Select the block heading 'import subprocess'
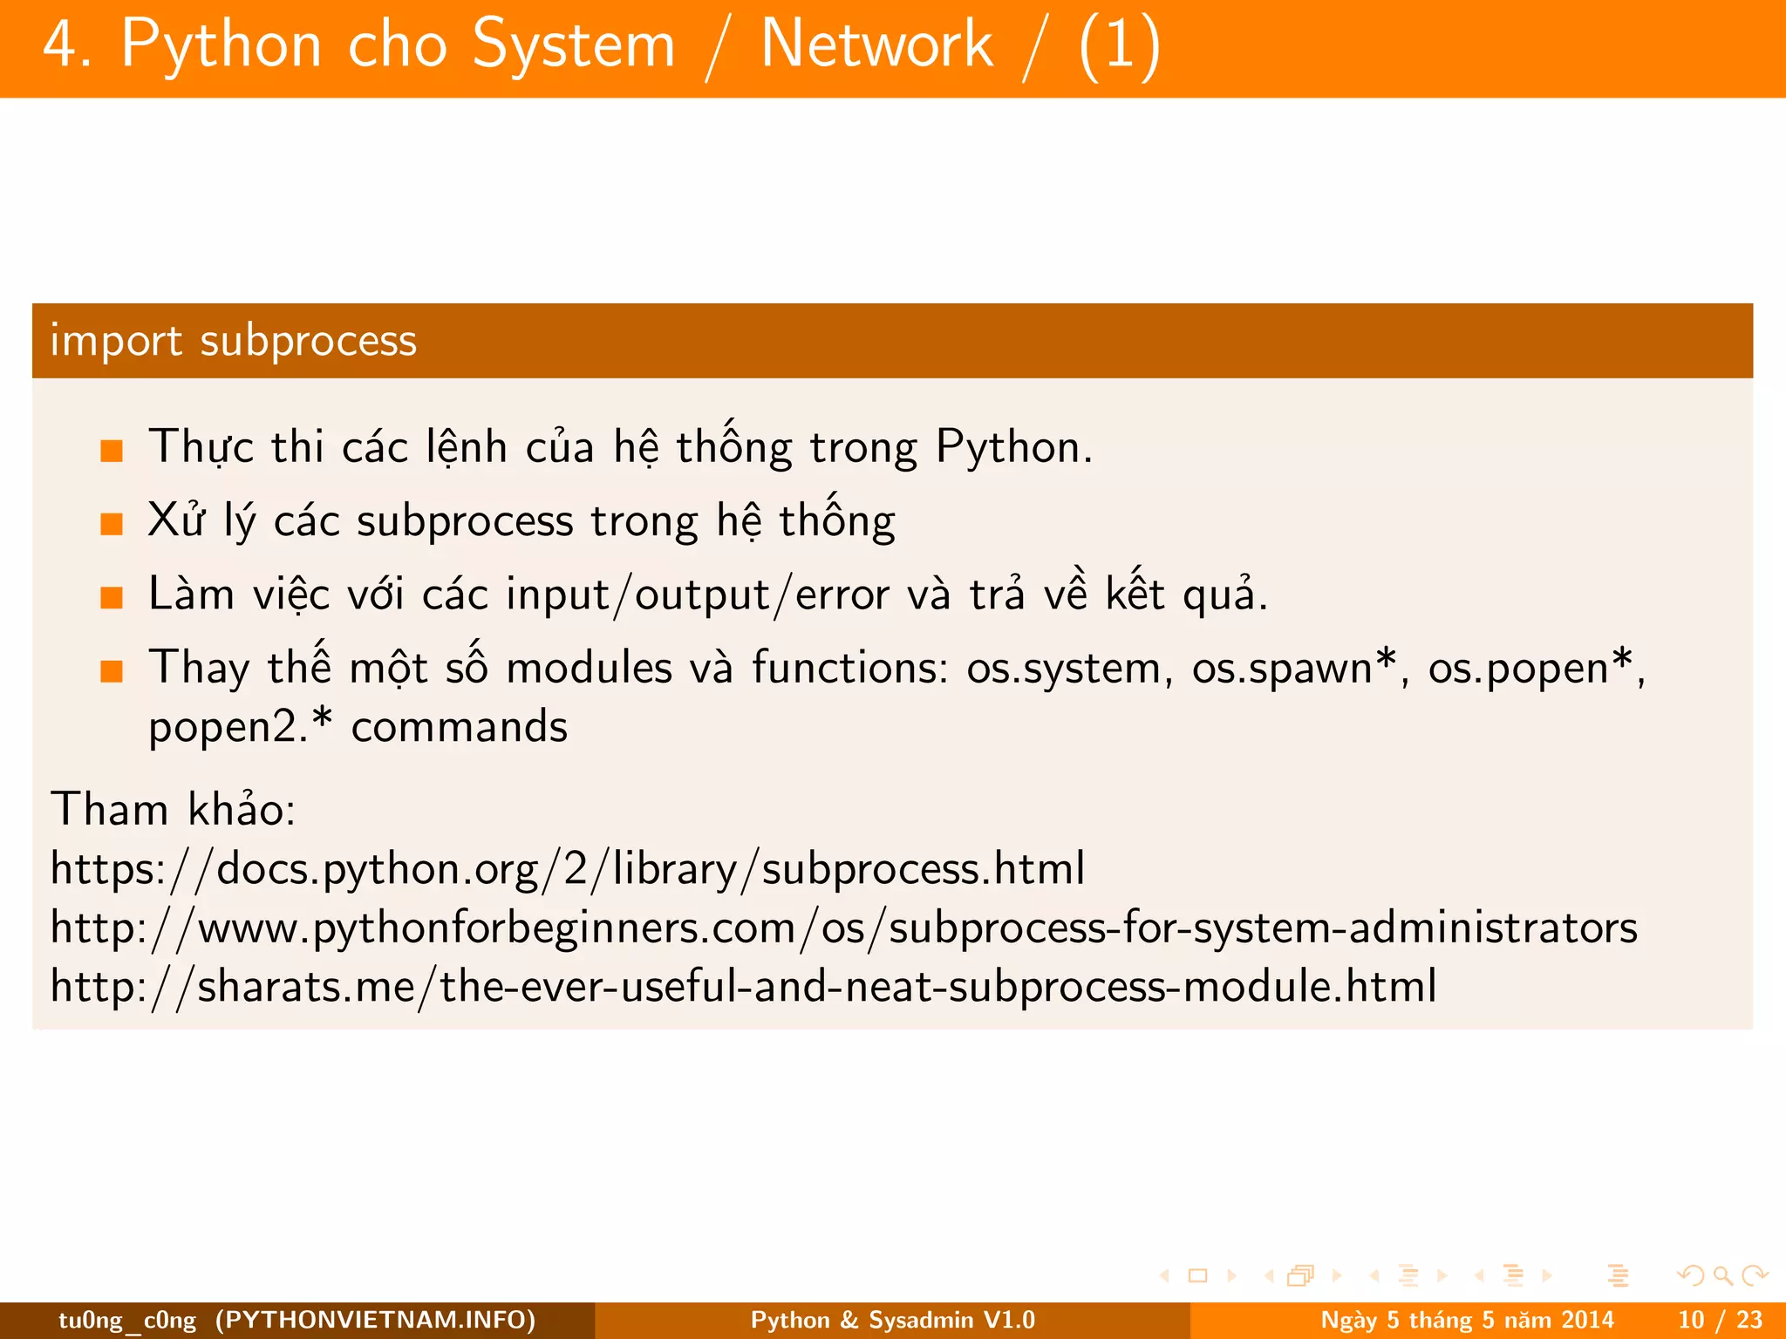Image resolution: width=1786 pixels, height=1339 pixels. (234, 340)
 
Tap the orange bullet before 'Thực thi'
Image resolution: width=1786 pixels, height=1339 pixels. (112, 451)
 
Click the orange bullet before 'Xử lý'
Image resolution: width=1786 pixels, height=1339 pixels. (112, 524)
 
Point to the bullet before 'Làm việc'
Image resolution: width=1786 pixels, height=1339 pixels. (112, 598)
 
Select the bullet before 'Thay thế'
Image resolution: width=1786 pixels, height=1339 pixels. (112, 671)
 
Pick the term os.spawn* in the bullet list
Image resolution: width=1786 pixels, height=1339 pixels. (1296, 669)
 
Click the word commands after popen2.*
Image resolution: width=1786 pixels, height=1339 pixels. (459, 727)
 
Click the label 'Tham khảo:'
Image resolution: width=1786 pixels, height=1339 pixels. (174, 809)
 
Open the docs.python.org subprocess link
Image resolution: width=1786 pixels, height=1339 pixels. (568, 869)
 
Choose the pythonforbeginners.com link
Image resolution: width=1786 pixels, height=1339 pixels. (843, 928)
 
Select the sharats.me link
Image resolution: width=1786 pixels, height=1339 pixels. (743, 987)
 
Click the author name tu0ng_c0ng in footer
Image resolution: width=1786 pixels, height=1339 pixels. (127, 1320)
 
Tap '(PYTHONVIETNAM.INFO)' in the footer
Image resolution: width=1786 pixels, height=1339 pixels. (376, 1320)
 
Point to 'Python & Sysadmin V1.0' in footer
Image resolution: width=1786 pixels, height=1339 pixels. (892, 1320)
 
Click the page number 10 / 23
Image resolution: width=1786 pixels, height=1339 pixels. (1721, 1320)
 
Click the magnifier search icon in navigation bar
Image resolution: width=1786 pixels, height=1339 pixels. (1722, 1276)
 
